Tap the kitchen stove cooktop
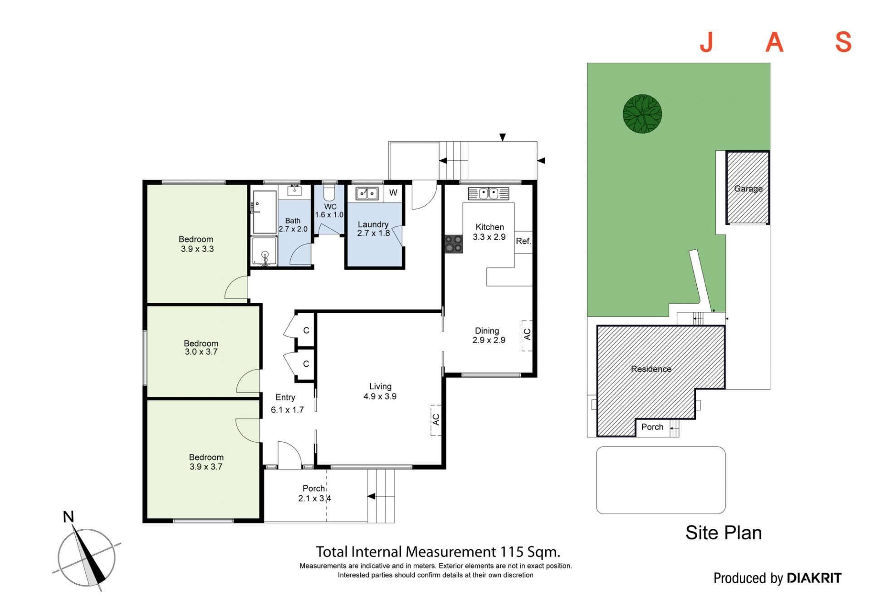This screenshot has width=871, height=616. (453, 243)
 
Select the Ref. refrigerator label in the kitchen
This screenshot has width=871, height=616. (523, 241)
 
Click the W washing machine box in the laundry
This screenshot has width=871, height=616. (393, 193)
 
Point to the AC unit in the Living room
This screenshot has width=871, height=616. (436, 420)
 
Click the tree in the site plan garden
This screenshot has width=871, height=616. (642, 114)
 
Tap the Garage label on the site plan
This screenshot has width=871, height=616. (748, 188)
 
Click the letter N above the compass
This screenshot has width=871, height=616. (69, 517)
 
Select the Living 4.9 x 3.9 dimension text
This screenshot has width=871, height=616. (380, 396)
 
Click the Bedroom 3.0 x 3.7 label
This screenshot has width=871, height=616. (201, 348)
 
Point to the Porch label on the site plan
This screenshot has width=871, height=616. (652, 427)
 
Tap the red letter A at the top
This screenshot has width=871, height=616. (774, 42)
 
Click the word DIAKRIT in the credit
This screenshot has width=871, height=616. (814, 578)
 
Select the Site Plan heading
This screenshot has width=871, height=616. (724, 533)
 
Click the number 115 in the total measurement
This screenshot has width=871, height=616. (512, 552)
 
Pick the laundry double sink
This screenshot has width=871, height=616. (367, 193)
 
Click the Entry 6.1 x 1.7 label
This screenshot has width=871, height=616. (287, 404)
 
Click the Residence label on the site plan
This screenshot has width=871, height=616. (651, 369)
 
